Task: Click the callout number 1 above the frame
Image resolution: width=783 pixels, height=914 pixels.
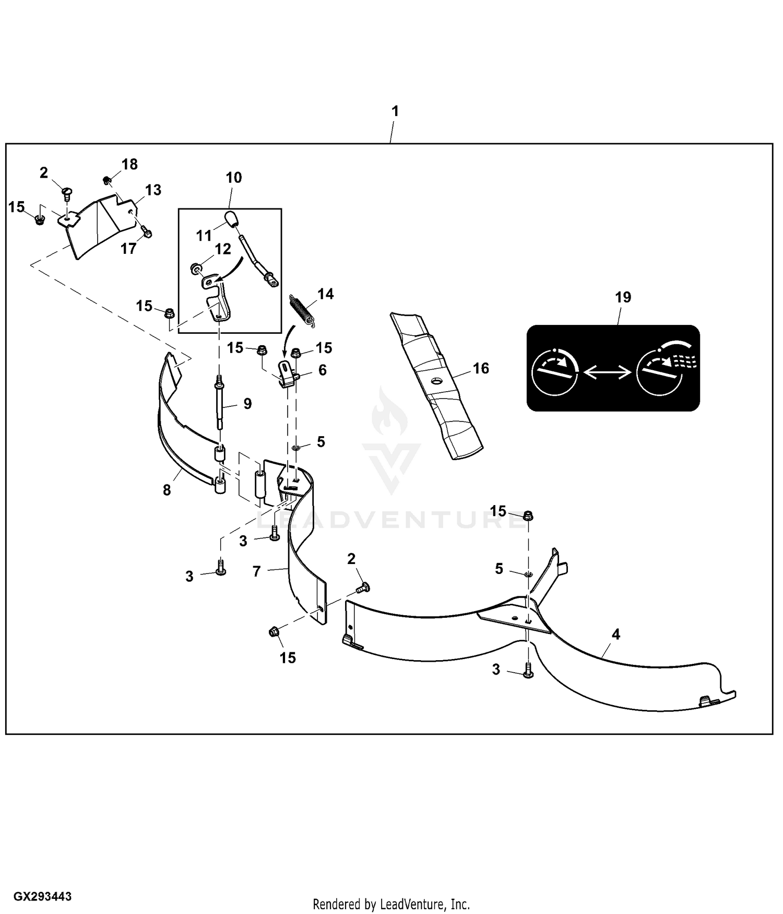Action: point(395,111)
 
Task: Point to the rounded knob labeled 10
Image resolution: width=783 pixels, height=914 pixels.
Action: point(231,217)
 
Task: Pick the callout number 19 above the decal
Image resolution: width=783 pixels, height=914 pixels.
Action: point(623,297)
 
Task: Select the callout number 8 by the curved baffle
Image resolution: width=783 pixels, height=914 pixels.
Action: point(167,490)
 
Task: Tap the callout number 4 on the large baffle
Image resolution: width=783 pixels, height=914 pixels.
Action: point(616,634)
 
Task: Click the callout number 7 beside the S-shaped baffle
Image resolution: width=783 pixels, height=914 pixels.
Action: point(256,571)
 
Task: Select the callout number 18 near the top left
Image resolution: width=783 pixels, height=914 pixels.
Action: point(129,165)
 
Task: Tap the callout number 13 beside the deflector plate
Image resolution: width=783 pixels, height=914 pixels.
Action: point(153,190)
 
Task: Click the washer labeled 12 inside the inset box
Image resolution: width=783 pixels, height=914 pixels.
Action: point(195,269)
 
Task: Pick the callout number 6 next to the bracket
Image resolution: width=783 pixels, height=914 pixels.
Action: point(323,370)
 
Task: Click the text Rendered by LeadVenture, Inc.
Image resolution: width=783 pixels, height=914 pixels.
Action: point(391,904)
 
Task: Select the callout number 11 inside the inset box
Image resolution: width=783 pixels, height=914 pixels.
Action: point(204,236)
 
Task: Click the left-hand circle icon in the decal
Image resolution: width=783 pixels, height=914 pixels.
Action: point(554,372)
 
